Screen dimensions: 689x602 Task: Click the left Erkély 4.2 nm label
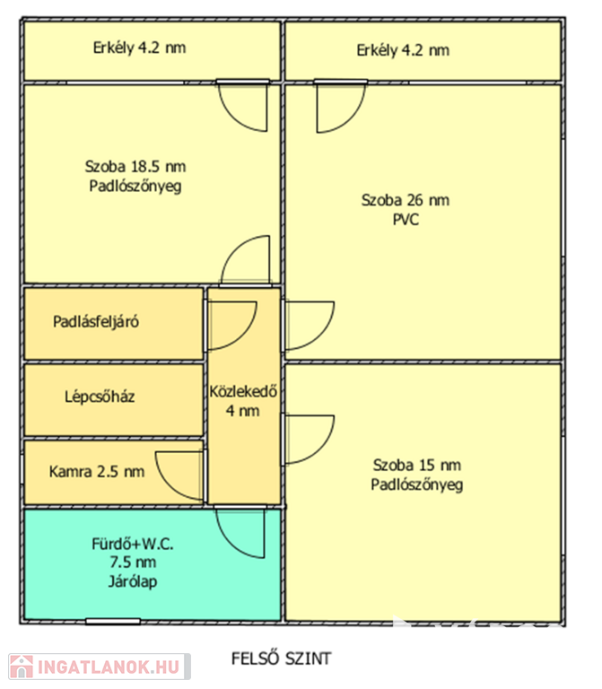tap(139, 48)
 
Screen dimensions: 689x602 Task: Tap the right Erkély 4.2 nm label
tap(402, 50)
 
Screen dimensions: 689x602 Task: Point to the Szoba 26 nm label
tap(405, 200)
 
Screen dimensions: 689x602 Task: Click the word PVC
tap(406, 219)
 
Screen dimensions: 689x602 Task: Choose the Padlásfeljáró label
tap(95, 321)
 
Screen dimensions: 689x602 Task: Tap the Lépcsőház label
tap(100, 396)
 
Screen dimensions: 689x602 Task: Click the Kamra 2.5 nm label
tap(96, 471)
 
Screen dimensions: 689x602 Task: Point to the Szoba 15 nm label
tap(416, 465)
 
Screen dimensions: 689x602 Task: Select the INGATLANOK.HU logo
tap(98, 667)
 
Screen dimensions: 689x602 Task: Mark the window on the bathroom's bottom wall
tap(113, 621)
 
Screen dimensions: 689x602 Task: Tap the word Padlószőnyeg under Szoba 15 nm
tap(416, 484)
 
